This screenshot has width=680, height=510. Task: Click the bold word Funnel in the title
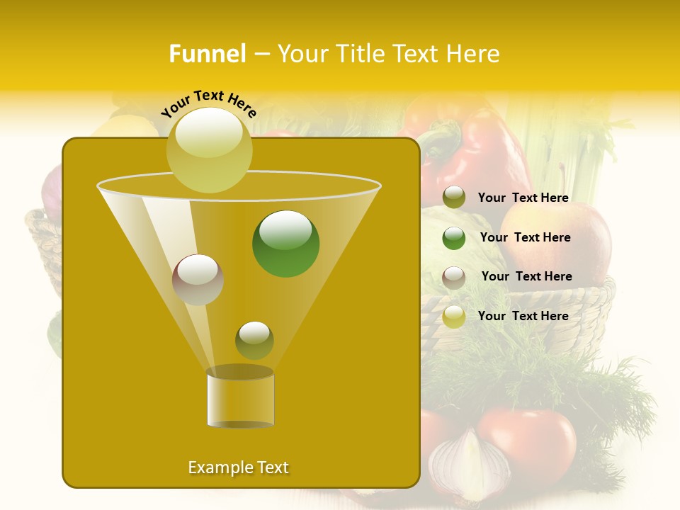coord(207,54)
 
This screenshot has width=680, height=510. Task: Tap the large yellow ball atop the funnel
coord(209,149)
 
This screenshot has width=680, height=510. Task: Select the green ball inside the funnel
coord(285,244)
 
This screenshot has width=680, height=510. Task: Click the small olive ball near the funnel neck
coord(254,340)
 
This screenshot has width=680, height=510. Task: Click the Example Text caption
coord(238,467)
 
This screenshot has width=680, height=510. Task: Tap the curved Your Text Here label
coord(209,103)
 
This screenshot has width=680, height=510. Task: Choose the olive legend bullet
coord(454,198)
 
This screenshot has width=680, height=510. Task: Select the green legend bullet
coord(454,238)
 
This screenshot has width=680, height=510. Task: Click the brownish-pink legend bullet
coord(454,277)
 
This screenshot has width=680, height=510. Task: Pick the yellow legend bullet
coord(454,317)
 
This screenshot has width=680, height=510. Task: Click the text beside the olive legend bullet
coord(523,198)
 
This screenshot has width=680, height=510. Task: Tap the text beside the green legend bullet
coord(525,238)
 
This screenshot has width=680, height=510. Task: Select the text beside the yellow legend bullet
coord(523,317)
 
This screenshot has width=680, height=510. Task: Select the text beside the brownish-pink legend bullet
coord(526,277)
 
